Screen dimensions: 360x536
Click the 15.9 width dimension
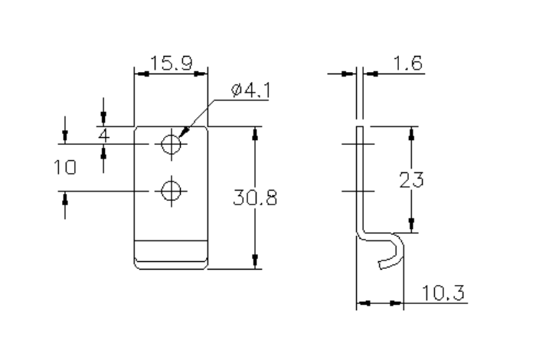click(171, 63)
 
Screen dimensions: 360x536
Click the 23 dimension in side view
click(413, 180)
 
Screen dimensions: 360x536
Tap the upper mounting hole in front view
click(172, 142)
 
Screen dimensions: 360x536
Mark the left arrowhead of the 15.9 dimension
click(139, 74)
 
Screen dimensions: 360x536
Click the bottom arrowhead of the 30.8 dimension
click(255, 263)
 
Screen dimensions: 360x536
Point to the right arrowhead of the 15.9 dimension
click(203, 74)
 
